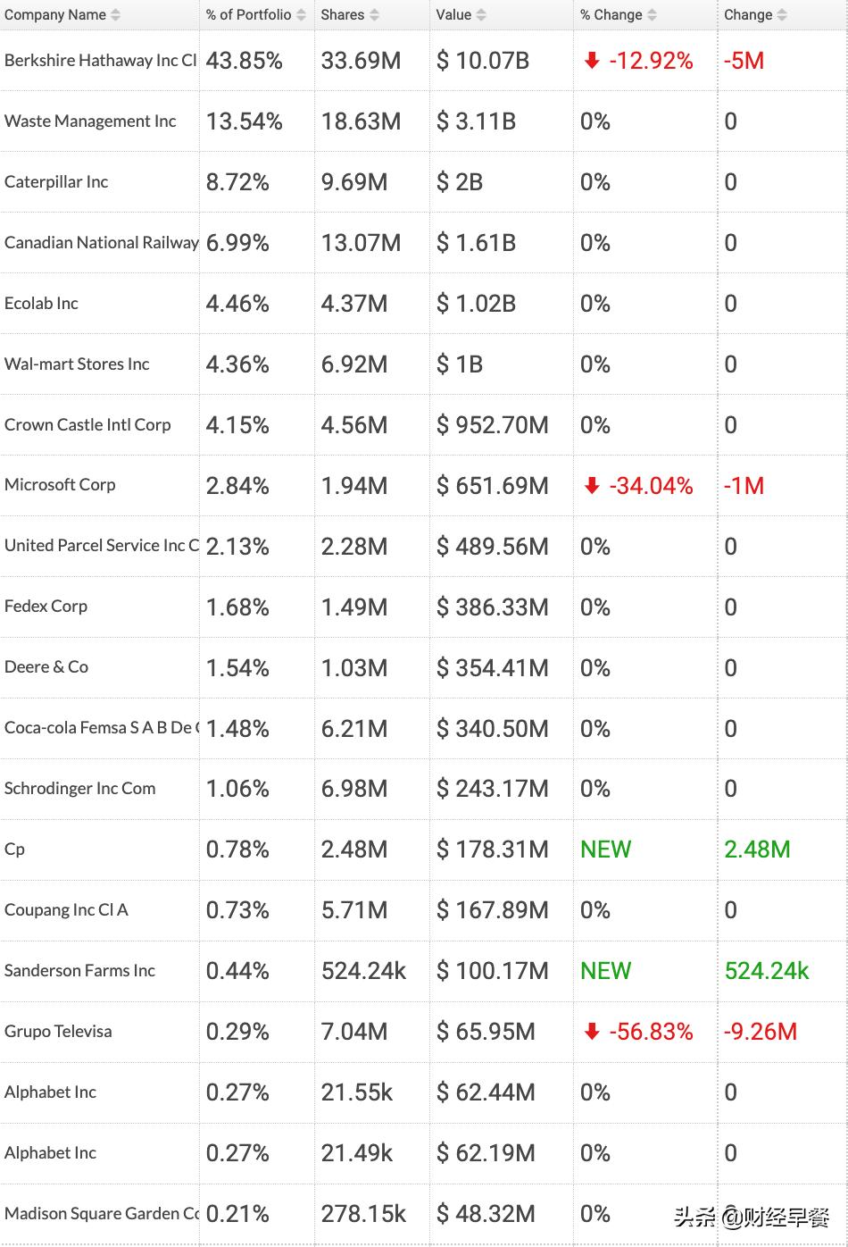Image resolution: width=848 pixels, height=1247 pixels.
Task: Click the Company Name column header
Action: (55, 15)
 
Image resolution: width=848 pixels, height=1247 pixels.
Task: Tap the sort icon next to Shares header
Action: (374, 15)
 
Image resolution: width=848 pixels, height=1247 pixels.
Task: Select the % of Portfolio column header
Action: (248, 15)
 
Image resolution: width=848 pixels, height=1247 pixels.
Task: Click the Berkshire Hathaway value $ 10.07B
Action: (482, 61)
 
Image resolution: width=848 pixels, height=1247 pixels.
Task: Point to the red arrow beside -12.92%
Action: (591, 61)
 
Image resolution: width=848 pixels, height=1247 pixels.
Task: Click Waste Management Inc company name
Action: (90, 121)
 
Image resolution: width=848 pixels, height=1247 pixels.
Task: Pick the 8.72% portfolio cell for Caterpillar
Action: (237, 182)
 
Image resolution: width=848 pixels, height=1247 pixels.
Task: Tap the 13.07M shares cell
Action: (361, 243)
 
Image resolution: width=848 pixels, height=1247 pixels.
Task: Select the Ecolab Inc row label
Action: (41, 304)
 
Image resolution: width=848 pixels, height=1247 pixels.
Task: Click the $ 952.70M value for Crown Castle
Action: (492, 425)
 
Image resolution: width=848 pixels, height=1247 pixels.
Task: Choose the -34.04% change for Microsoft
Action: (651, 486)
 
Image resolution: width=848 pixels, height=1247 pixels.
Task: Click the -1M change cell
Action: (744, 486)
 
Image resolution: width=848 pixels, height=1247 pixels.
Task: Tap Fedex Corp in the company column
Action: (46, 607)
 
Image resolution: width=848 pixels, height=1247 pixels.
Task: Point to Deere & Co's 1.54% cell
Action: (237, 668)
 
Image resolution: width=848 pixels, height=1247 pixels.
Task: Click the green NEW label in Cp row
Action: (605, 849)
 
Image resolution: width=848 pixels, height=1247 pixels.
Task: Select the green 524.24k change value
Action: (766, 971)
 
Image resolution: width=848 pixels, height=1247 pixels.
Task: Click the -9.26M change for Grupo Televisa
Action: (760, 1032)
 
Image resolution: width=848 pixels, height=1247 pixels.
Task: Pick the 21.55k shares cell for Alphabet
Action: (356, 1092)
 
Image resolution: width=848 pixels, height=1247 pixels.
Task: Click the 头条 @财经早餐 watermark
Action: (751, 1217)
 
